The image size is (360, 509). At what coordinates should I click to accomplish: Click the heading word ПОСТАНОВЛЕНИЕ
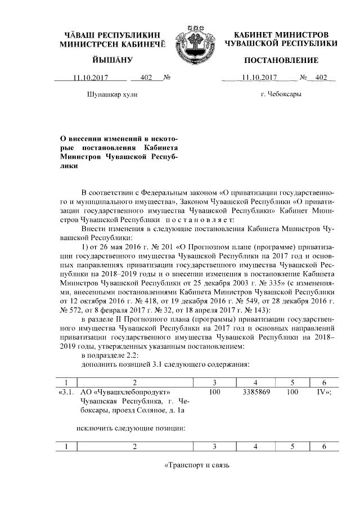pyautogui.click(x=281, y=60)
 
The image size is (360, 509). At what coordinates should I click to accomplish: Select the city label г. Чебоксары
pyautogui.click(x=281, y=93)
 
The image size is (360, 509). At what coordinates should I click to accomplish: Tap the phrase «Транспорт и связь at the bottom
pyautogui.click(x=197, y=466)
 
